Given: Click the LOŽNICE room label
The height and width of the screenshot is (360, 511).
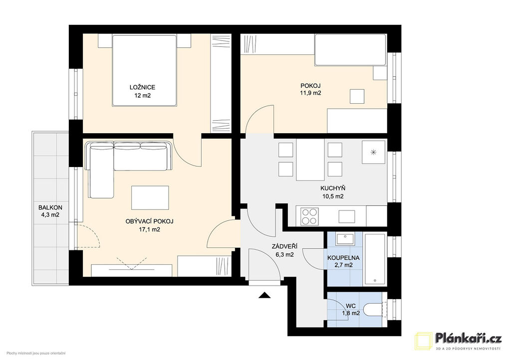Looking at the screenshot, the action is click(x=142, y=87).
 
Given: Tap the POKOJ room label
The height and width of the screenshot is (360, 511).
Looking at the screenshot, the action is click(x=310, y=86).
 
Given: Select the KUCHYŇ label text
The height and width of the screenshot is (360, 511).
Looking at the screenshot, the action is click(x=333, y=188).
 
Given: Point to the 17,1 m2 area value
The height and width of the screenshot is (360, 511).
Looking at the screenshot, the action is click(x=149, y=229).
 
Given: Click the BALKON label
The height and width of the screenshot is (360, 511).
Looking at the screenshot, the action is click(x=50, y=207).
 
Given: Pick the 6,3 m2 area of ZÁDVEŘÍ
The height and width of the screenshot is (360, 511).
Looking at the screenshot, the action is click(x=284, y=255).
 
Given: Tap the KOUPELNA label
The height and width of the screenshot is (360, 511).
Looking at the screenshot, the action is click(x=343, y=258).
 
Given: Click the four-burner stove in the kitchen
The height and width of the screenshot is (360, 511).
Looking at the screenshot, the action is click(x=309, y=216).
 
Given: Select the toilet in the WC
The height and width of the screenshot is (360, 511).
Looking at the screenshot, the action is click(x=375, y=309).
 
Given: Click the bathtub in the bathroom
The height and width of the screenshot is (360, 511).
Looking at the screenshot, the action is click(x=375, y=259).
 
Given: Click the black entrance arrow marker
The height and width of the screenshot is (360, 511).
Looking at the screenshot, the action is click(x=264, y=295).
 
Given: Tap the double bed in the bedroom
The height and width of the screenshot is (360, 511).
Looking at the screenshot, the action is click(x=144, y=70).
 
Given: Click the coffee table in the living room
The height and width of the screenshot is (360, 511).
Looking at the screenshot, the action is click(x=150, y=197).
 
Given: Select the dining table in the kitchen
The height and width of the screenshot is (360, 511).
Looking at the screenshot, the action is click(x=310, y=160).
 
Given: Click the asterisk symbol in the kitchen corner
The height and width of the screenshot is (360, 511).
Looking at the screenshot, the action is click(x=374, y=152).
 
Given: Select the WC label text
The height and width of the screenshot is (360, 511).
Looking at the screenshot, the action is click(x=351, y=306).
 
